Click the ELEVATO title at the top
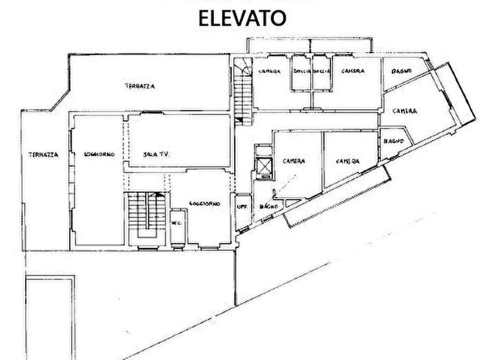[242, 18]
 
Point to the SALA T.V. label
[156, 155]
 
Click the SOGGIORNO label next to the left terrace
[99, 155]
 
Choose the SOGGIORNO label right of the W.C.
[204, 204]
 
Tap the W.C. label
[176, 223]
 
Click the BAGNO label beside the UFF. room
[268, 206]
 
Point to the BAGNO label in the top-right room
[402, 71]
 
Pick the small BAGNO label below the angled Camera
[390, 141]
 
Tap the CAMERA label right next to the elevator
[294, 161]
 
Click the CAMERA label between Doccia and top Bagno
[353, 71]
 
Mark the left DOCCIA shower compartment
[302, 73]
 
